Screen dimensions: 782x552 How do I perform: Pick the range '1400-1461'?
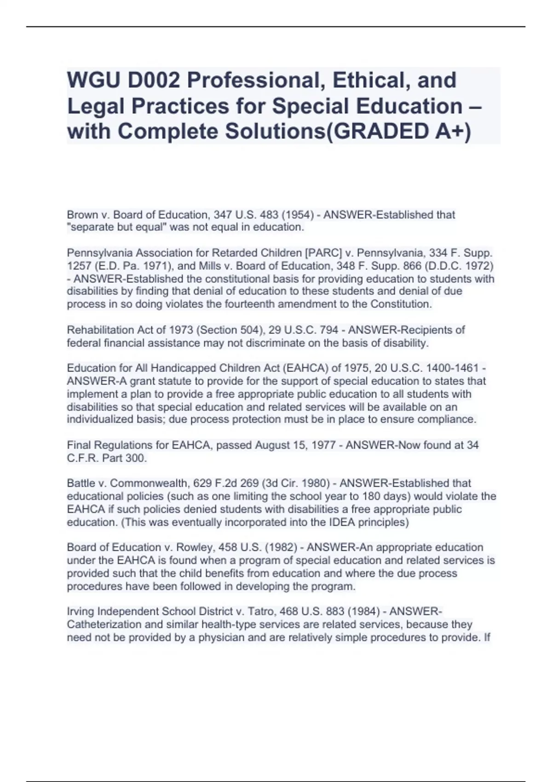453,368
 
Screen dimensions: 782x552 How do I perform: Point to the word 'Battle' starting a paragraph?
81,483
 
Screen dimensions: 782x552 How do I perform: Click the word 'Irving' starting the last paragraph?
80,612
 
